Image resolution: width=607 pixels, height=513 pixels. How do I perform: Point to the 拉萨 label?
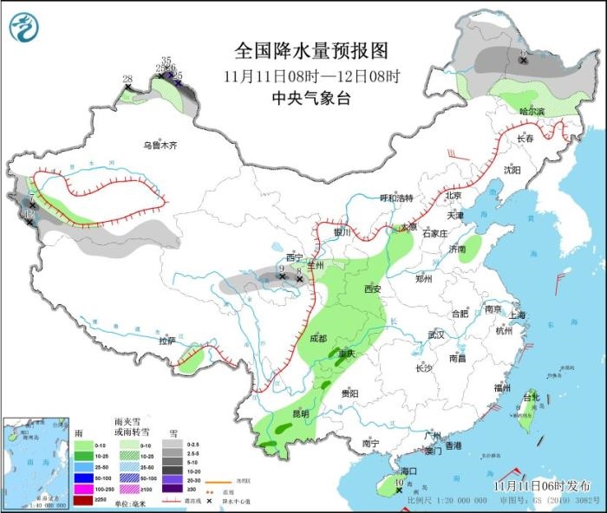(x=166, y=341)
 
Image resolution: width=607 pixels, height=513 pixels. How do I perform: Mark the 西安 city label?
(x=373, y=289)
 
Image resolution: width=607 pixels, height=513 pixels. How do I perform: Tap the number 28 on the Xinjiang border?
(x=127, y=80)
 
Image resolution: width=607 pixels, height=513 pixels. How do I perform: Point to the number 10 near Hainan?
(x=399, y=483)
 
